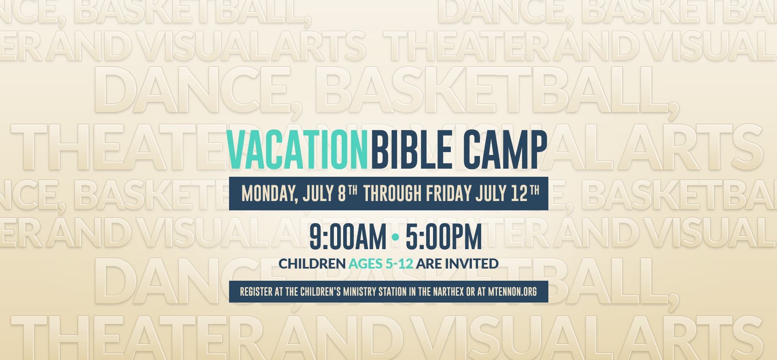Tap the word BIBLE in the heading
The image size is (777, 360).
click(x=412, y=150)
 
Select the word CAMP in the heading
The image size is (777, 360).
click(x=505, y=150)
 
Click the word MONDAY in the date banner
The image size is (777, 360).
click(x=270, y=194)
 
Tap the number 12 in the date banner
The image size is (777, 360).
click(x=519, y=194)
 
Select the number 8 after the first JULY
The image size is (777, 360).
click(x=342, y=194)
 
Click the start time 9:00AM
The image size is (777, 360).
click(x=348, y=237)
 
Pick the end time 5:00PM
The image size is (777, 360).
click(x=444, y=237)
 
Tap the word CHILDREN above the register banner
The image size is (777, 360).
click(x=312, y=264)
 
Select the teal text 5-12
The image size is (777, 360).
click(x=399, y=264)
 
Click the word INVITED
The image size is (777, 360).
click(x=472, y=264)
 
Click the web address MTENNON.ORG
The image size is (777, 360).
click(x=512, y=292)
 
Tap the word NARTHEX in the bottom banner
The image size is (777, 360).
click(x=448, y=292)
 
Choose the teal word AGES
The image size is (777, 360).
click(x=365, y=264)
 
